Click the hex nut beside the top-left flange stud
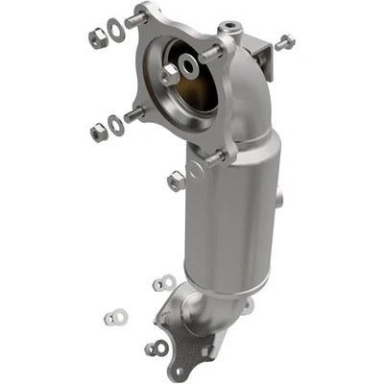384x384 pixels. point(97,38)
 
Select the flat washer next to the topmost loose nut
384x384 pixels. point(115,30)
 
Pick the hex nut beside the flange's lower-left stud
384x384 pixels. point(99,132)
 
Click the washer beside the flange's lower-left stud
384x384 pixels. point(116,124)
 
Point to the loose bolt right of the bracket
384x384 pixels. point(285,42)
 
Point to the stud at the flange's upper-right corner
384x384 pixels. point(212,54)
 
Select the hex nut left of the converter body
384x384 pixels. point(176,180)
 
